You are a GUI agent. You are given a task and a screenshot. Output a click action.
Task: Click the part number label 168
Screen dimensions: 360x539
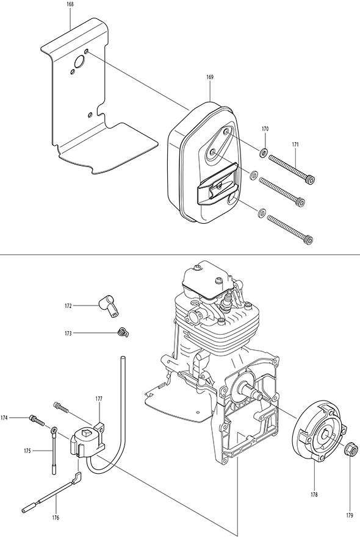pos(71,4)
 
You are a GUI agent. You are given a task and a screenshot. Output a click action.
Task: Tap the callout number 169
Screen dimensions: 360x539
pos(210,77)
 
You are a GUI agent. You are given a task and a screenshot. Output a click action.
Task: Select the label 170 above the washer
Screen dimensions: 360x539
pos(265,129)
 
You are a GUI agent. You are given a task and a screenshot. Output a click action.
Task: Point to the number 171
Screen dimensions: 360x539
pos(295,145)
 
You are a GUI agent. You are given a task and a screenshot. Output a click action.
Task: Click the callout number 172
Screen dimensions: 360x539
pos(68,305)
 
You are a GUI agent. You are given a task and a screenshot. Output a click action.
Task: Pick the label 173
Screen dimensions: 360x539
pos(68,333)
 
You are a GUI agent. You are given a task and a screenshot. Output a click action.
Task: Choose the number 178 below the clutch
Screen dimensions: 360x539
pos(314,494)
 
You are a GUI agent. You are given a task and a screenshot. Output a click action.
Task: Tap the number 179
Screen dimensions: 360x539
pos(350,515)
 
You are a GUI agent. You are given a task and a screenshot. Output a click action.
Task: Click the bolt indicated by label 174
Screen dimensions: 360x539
pos(37,419)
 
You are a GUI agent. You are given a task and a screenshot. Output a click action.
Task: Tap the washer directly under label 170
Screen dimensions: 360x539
pos(264,152)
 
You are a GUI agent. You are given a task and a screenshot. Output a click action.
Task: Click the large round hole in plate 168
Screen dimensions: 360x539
pos(79,62)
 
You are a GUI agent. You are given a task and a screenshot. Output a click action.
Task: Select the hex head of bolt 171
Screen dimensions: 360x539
pos(311,179)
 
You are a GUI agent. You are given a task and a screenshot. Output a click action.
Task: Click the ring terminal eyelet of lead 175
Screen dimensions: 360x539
pos(54,430)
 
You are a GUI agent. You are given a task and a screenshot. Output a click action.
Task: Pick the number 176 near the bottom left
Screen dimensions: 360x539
pos(56,518)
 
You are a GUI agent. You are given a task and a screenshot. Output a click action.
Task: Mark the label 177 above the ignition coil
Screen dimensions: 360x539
pos(99,399)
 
